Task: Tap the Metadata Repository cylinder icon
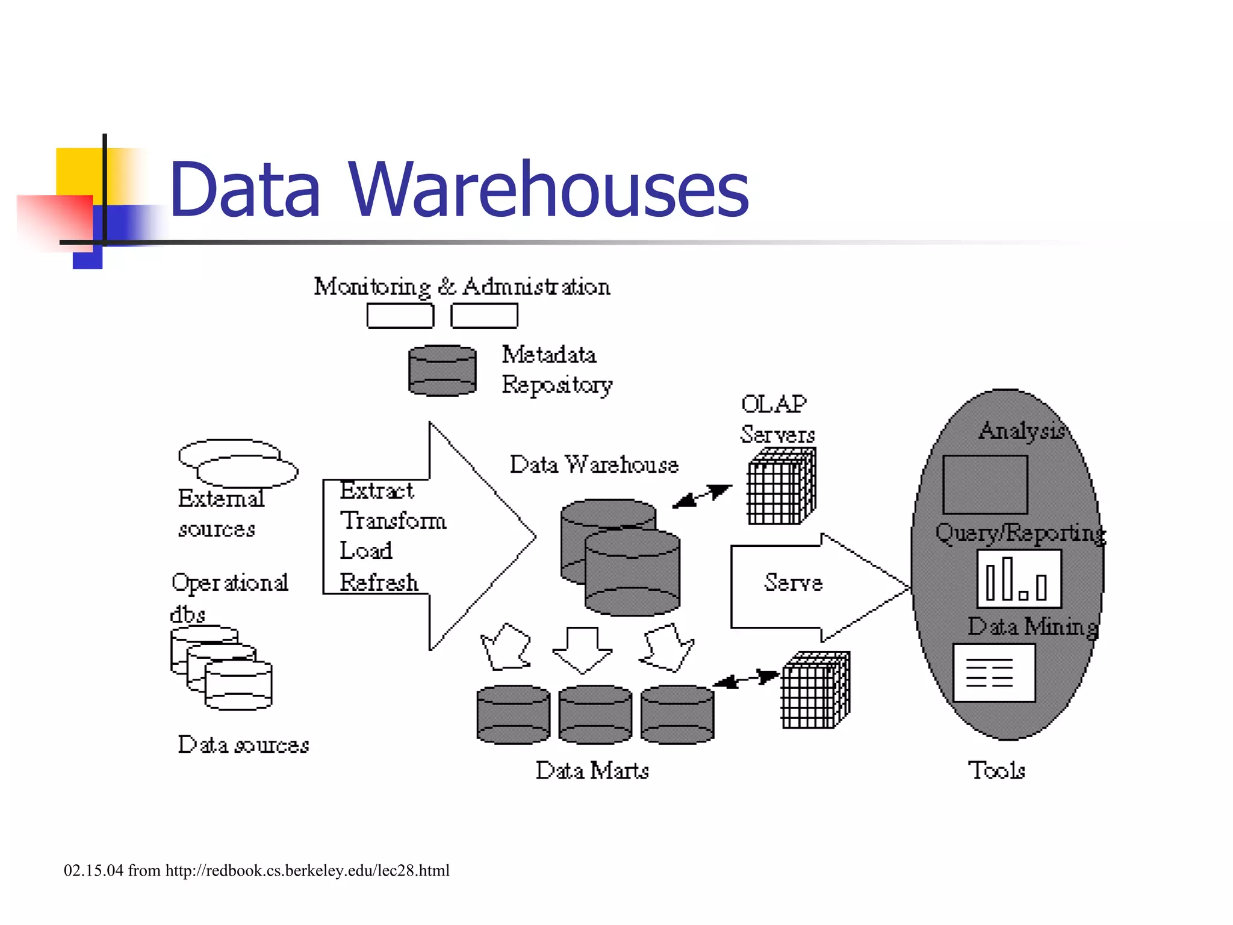pos(443,370)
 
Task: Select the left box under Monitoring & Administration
pos(400,316)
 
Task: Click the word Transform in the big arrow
pos(393,520)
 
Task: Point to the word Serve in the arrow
pos(793,582)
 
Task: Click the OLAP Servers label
pos(776,419)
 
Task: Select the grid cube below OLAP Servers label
pos(781,487)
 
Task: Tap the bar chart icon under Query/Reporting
pos(1019,579)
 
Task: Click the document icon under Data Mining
pos(994,673)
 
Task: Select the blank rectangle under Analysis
pos(985,484)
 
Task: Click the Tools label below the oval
pos(996,770)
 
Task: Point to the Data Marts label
pos(592,770)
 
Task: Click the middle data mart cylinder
pos(595,714)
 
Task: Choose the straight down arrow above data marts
pos(582,649)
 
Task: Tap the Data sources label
pos(243,745)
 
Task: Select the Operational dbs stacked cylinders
pos(222,667)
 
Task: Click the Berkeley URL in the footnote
pos(307,871)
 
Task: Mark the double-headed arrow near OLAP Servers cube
pos(702,496)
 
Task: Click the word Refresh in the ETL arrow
pos(379,582)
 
